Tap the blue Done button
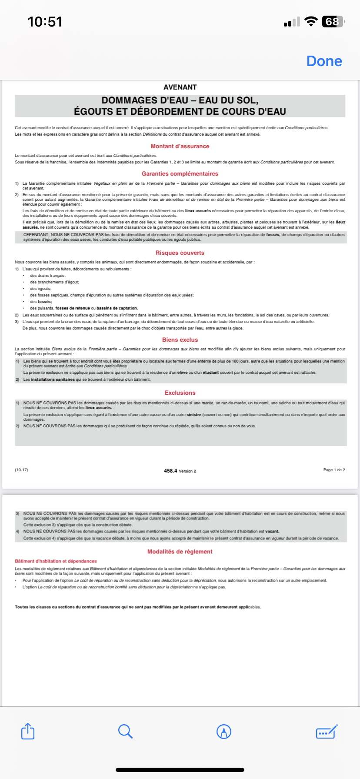(324, 61)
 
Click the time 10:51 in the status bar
(45, 22)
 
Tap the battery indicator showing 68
(333, 22)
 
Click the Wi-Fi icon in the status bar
(311, 22)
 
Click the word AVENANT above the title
(180, 87)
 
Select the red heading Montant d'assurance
(180, 146)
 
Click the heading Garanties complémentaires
(180, 174)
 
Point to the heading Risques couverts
(180, 253)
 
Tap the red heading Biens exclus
(180, 340)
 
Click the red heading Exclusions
(180, 393)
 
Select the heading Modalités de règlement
(180, 552)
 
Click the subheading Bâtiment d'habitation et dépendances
(56, 561)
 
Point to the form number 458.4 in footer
(170, 471)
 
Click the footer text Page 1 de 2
(334, 470)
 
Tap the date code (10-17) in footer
(21, 470)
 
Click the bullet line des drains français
(48, 276)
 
